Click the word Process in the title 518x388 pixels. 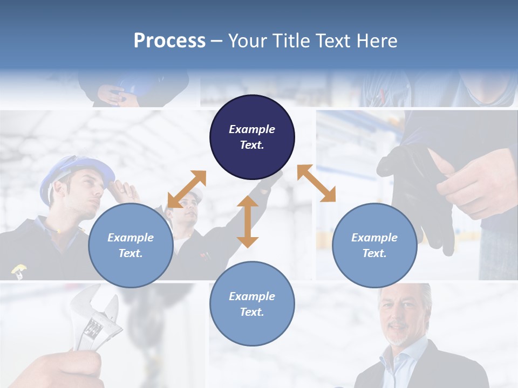click(x=169, y=41)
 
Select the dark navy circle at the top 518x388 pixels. click(x=252, y=137)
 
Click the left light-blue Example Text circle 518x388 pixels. click(x=131, y=245)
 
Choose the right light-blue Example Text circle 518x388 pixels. click(x=374, y=245)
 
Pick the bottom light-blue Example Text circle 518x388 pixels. click(x=252, y=303)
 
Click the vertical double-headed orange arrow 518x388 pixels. click(x=248, y=221)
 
